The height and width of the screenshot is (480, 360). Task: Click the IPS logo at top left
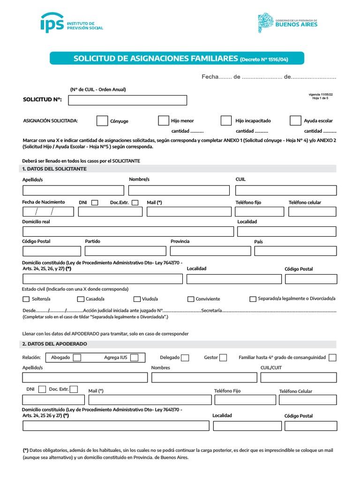click(71, 23)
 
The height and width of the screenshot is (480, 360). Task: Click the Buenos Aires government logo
click(288, 23)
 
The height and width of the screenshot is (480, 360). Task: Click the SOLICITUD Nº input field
click(127, 100)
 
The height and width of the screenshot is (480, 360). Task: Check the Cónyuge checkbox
click(102, 121)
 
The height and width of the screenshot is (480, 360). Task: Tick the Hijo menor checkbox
click(163, 120)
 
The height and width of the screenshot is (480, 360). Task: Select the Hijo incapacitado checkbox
click(226, 120)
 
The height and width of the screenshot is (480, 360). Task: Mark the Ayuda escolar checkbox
click(295, 120)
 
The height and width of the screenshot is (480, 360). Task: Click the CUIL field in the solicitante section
click(285, 190)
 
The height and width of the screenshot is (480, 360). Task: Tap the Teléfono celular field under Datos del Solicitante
click(312, 211)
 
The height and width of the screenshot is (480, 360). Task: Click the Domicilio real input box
click(128, 232)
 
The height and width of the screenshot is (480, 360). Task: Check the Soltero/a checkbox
click(26, 299)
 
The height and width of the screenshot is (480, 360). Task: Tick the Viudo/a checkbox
click(137, 299)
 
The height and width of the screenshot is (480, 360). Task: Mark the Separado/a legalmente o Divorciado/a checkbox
click(253, 299)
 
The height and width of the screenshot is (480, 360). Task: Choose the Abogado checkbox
click(77, 358)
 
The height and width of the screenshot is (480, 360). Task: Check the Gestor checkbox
click(223, 358)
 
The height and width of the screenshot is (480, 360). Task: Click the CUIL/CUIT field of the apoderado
click(298, 378)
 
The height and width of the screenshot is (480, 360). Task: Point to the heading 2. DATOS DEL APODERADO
click(54, 344)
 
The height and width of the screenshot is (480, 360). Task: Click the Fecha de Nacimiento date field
click(48, 211)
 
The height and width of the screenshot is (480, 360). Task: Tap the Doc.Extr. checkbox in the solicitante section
click(135, 202)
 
